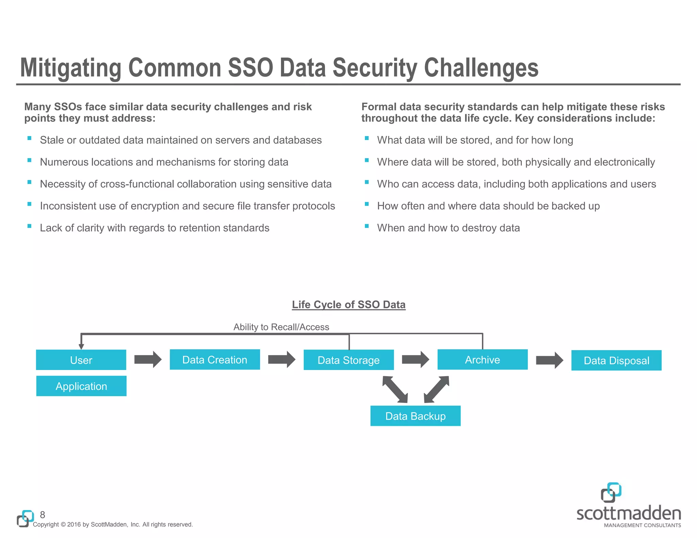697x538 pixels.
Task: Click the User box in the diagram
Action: tap(81, 360)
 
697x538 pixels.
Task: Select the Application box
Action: tap(81, 386)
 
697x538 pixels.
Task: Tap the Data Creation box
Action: tap(215, 359)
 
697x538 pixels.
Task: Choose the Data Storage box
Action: tap(348, 360)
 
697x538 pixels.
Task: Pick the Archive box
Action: tap(482, 359)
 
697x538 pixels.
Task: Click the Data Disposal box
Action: tap(616, 360)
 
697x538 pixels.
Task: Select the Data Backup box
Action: tap(415, 416)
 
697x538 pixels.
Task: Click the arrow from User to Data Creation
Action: tap(148, 359)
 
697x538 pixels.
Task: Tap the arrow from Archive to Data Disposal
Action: tap(549, 360)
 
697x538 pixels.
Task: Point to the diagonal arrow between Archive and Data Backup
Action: tap(437, 389)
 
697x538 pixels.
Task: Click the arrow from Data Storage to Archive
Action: tap(415, 359)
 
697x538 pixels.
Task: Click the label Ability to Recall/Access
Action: tap(281, 327)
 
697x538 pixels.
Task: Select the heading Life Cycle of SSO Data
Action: tap(348, 304)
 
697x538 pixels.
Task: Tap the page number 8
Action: tap(43, 515)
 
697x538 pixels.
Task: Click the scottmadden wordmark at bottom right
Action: tap(629, 514)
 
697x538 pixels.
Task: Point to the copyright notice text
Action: tap(113, 524)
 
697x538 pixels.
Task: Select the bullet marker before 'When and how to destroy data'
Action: tap(367, 226)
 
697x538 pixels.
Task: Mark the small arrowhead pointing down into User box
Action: tap(81, 346)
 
